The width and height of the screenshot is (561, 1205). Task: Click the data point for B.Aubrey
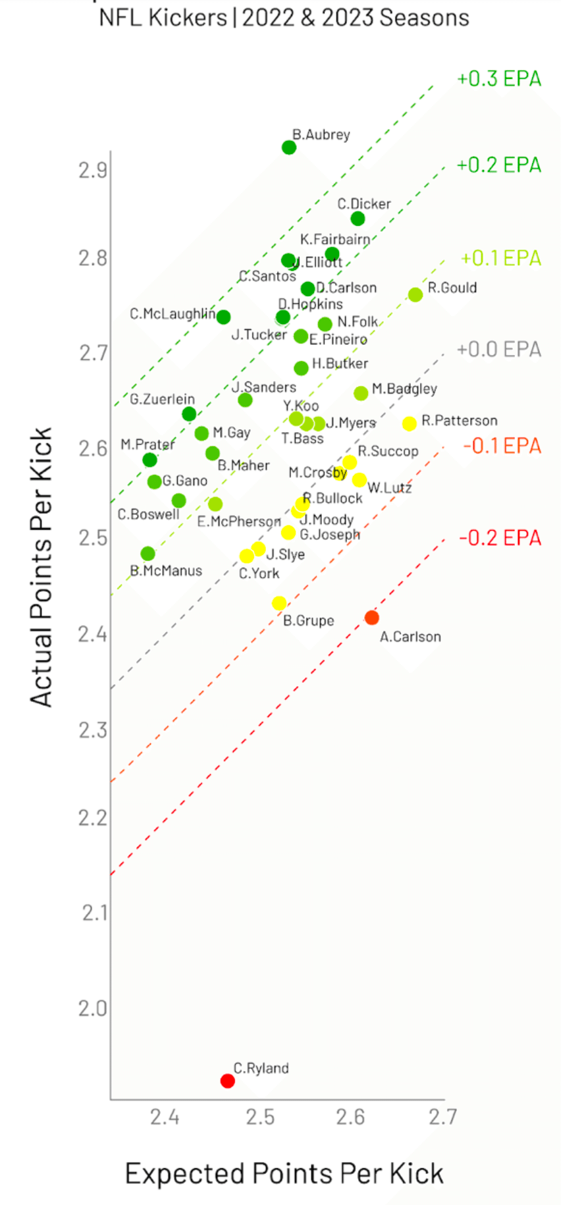coord(289,147)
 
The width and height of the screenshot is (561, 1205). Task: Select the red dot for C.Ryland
coord(227,1081)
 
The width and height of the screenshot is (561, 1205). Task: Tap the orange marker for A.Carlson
coord(371,618)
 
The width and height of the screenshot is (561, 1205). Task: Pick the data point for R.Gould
coord(415,295)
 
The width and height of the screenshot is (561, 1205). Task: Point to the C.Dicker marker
coord(358,219)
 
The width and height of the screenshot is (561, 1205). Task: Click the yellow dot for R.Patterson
coord(409,423)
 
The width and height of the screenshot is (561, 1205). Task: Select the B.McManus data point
coord(148,554)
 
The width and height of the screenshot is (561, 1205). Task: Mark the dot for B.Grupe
coord(279,603)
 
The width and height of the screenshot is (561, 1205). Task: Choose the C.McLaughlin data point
coord(223,317)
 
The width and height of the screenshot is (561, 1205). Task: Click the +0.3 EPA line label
coord(499,78)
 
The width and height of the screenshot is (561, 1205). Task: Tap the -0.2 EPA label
coord(500,538)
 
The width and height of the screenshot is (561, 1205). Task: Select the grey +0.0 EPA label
coord(499,349)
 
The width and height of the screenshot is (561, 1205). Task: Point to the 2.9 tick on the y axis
coord(93,171)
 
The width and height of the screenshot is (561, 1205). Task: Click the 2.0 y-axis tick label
coord(93,1008)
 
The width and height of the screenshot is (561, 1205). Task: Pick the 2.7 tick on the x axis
coord(442,1117)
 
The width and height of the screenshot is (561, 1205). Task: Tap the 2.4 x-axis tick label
coord(165,1117)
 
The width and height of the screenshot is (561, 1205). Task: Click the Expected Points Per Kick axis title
coord(284,1173)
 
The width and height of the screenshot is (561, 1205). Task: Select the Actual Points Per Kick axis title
coord(41,567)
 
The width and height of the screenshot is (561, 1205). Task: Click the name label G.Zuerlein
coord(162,399)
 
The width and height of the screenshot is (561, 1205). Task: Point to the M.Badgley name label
coord(404,388)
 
